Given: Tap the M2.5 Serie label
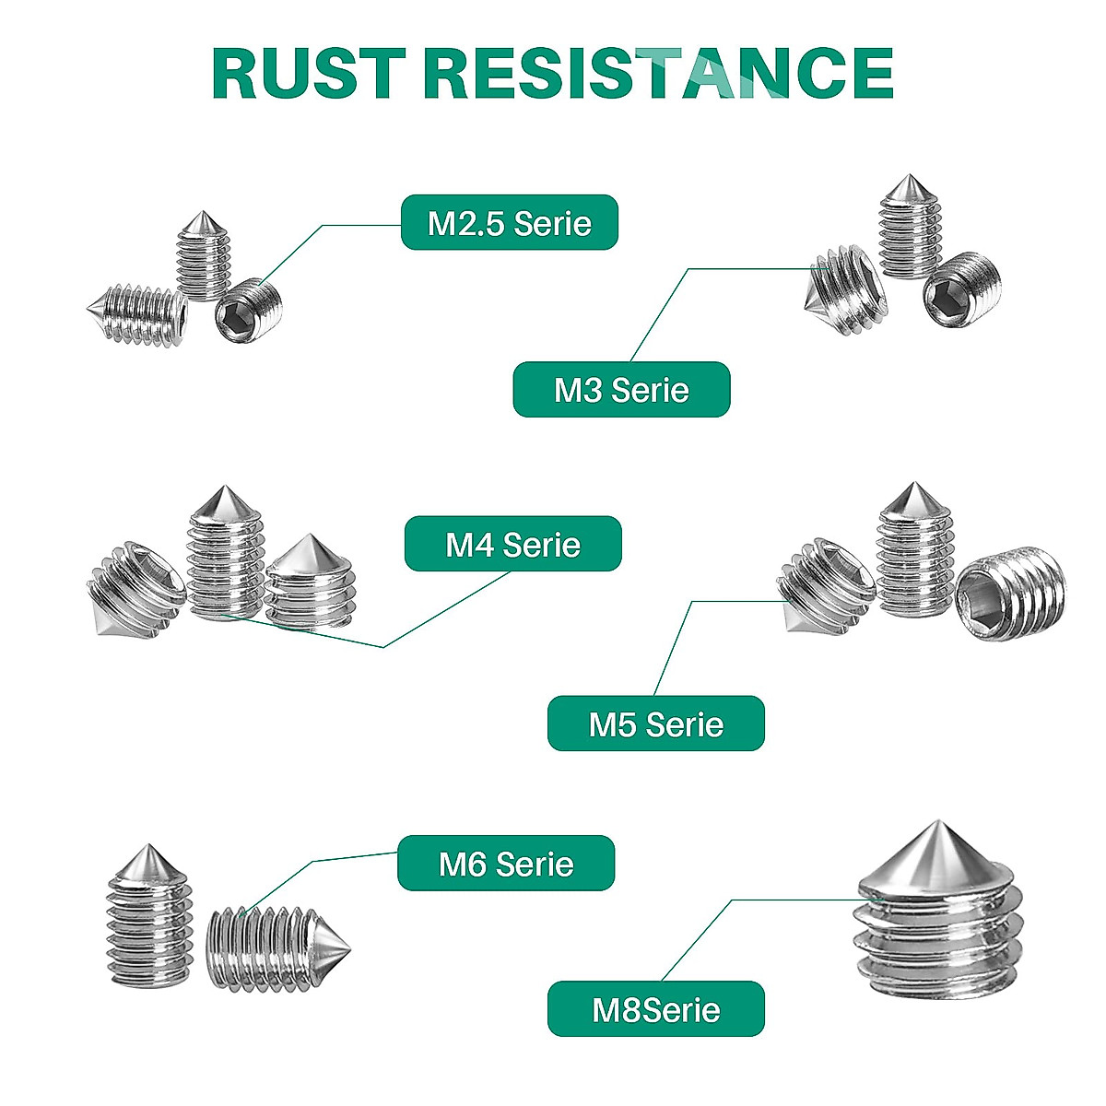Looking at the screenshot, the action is click(509, 223).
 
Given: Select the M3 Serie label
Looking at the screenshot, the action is click(621, 390).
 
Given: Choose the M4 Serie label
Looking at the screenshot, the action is click(513, 544).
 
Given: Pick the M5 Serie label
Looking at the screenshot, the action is click(656, 724).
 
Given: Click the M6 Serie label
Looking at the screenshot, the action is click(506, 864).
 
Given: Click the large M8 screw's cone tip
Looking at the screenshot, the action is click(938, 822).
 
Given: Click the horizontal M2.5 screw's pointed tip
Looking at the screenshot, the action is click(88, 311).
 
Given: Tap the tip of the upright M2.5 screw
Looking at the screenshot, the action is click(202, 212).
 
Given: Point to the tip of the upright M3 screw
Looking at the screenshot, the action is click(909, 175).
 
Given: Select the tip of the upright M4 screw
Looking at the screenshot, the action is click(224, 487).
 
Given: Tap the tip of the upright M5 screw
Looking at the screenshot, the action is click(913, 483).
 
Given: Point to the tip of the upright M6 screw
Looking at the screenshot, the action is click(148, 845).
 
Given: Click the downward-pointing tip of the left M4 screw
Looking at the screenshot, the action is click(99, 634).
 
